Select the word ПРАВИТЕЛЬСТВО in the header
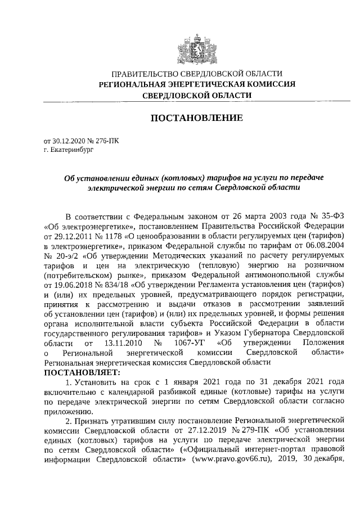[144, 74]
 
